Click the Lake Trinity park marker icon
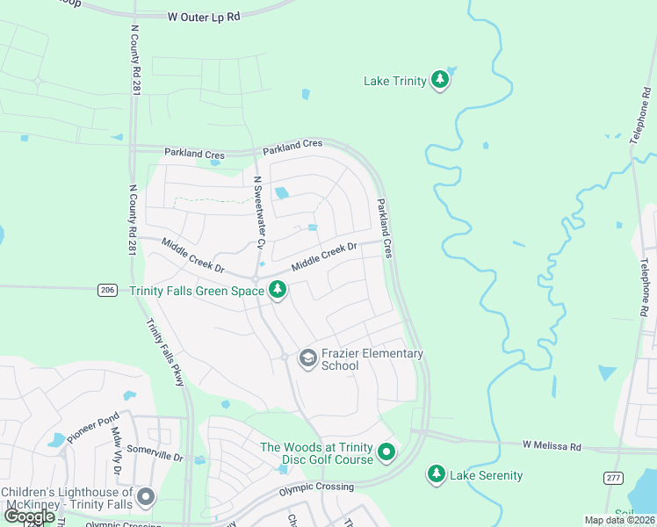click(x=440, y=81)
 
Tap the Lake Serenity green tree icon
click(x=436, y=475)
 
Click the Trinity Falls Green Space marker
click(x=278, y=290)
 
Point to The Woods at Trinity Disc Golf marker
click(x=386, y=453)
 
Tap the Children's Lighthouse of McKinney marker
click(x=146, y=498)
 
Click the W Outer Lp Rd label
click(x=204, y=16)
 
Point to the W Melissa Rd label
click(x=552, y=447)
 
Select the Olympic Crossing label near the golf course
click(x=316, y=487)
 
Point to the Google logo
click(x=29, y=516)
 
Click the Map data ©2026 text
click(x=618, y=520)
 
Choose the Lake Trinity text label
click(x=395, y=81)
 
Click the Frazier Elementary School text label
click(x=372, y=359)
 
